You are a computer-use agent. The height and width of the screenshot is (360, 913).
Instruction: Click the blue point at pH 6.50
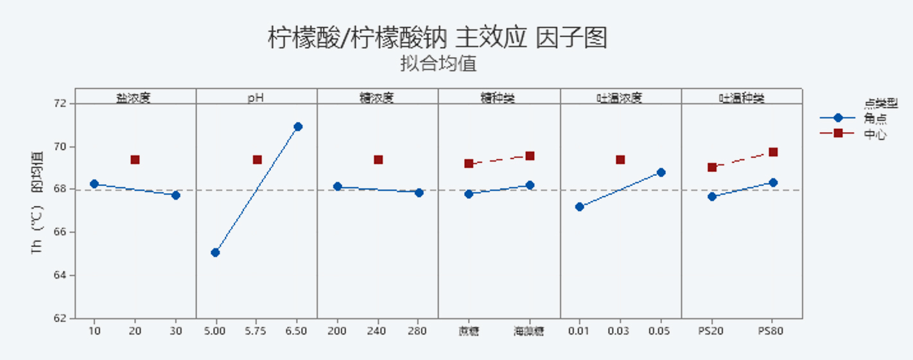298,126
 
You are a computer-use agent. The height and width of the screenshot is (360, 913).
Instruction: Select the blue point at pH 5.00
215,252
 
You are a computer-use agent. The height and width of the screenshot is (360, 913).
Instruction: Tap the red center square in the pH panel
257,160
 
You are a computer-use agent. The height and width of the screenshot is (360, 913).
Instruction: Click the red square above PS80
773,152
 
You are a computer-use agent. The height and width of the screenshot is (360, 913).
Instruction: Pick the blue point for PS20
712,196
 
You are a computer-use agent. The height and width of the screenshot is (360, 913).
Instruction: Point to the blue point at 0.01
580,207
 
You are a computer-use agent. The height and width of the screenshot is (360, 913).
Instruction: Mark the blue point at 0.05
661,172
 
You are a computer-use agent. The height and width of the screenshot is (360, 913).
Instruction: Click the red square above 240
378,160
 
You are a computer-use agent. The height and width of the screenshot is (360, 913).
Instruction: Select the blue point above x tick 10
94,184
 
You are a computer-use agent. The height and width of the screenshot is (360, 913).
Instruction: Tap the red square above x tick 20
135,160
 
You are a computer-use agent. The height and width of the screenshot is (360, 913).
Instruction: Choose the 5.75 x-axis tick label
256,331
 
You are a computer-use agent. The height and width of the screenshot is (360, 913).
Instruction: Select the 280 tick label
419,331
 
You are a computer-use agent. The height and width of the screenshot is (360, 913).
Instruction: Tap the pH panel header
256,98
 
